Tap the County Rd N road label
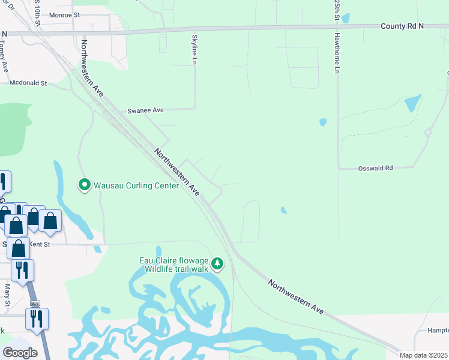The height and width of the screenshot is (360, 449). click(x=402, y=26)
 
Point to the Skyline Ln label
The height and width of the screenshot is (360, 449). click(x=194, y=50)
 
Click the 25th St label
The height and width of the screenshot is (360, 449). click(x=337, y=11)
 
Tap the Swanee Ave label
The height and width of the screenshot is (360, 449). click(x=146, y=111)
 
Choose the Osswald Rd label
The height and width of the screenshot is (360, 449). click(x=375, y=169)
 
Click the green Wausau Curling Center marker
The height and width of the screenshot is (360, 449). click(x=85, y=185)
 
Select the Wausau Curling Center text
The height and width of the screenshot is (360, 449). click(x=136, y=185)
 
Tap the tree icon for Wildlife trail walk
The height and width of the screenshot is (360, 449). click(x=217, y=263)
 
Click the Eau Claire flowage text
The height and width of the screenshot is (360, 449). click(x=174, y=260)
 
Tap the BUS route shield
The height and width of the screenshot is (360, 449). click(x=34, y=304)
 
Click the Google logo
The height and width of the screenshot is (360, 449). click(x=20, y=353)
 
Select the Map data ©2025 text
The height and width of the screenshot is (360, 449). click(x=424, y=355)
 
